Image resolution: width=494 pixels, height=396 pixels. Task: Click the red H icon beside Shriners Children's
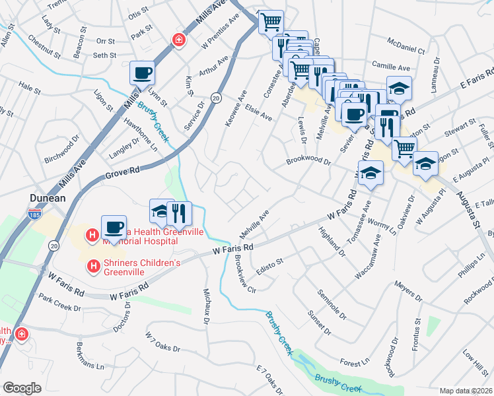pos(94,267)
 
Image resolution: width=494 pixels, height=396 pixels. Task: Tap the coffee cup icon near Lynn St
pos(142,73)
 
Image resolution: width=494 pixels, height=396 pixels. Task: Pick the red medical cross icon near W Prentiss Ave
pos(178,40)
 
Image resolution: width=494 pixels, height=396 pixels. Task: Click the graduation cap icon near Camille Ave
pos(399,88)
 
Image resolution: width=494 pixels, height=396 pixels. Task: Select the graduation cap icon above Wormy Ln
pos(372,173)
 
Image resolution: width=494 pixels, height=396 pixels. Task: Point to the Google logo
pos(22,388)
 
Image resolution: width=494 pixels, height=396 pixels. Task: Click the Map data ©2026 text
pos(466,391)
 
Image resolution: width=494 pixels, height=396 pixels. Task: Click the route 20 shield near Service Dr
pos(215,98)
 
